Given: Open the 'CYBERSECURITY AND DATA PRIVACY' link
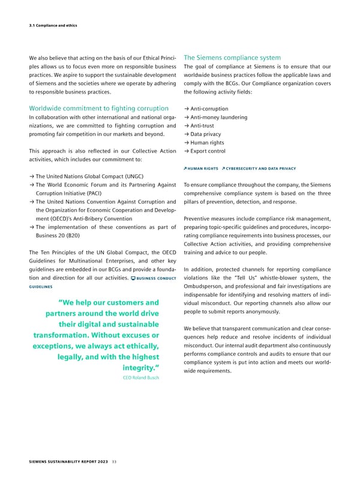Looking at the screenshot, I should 254,168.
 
